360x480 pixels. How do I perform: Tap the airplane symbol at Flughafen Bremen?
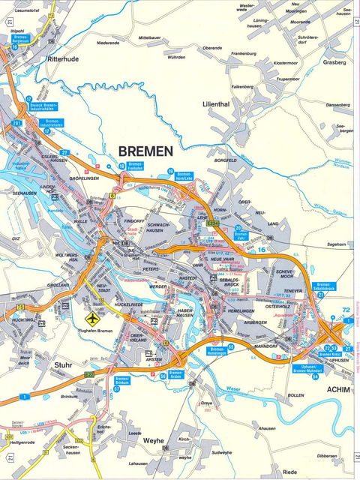(x=93, y=317)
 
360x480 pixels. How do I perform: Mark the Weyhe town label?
(x=153, y=441)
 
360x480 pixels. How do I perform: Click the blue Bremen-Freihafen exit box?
(x=135, y=166)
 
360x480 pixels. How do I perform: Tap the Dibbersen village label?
(x=325, y=455)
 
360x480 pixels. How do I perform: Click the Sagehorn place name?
(x=336, y=244)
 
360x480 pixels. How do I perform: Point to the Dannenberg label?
(x=337, y=104)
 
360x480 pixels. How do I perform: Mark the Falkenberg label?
(x=242, y=86)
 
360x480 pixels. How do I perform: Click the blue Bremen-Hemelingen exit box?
(x=217, y=351)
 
